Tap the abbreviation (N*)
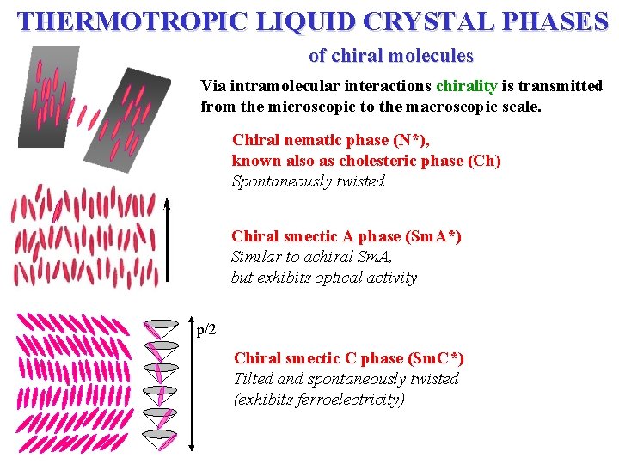[x=411, y=139]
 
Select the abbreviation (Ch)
[x=484, y=161]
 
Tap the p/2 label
[x=207, y=330]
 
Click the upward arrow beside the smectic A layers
[x=169, y=241]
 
